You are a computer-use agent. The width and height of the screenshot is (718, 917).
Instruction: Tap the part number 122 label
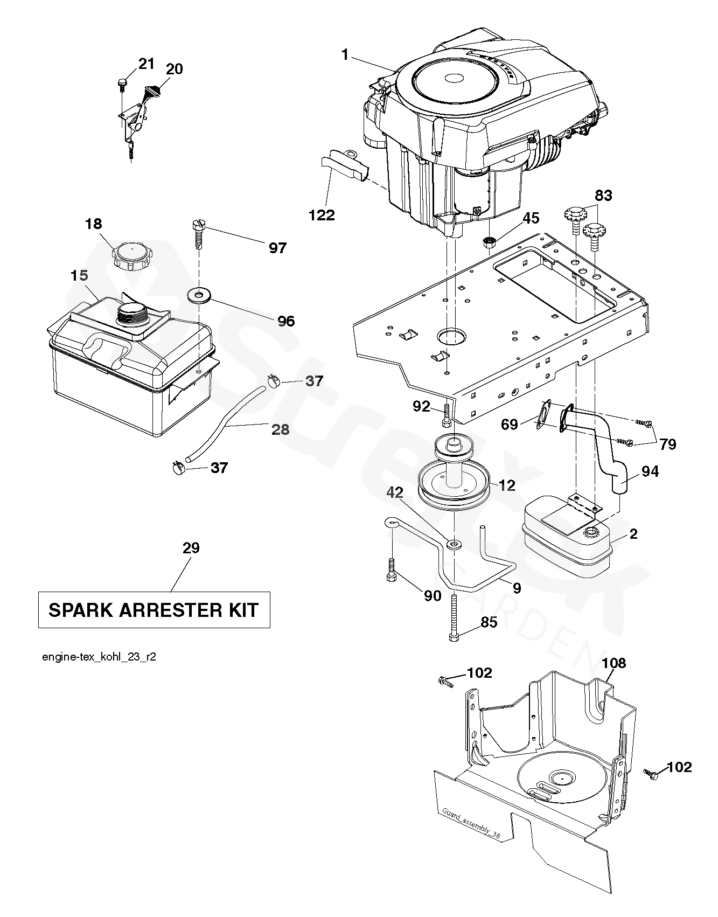(322, 215)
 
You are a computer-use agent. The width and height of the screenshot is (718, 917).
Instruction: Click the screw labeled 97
(198, 232)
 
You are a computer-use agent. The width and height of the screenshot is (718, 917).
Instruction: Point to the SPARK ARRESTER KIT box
(154, 610)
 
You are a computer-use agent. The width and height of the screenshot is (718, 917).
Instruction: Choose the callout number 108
(614, 663)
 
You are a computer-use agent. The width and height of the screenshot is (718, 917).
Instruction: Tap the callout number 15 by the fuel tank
(79, 276)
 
